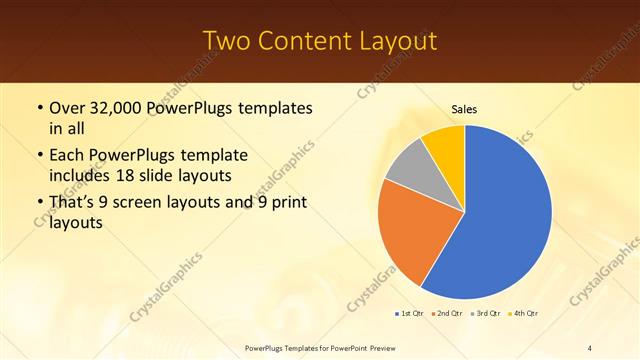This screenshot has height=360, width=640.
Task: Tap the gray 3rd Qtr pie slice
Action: [408, 165]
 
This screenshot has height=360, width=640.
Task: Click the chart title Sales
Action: [464, 108]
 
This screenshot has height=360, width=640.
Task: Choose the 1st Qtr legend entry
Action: [409, 314]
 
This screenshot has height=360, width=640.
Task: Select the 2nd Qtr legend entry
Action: [446, 314]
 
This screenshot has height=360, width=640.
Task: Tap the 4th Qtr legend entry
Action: [524, 314]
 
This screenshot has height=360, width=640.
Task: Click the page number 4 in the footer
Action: [590, 347]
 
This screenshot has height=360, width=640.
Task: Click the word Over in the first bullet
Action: [67, 106]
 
